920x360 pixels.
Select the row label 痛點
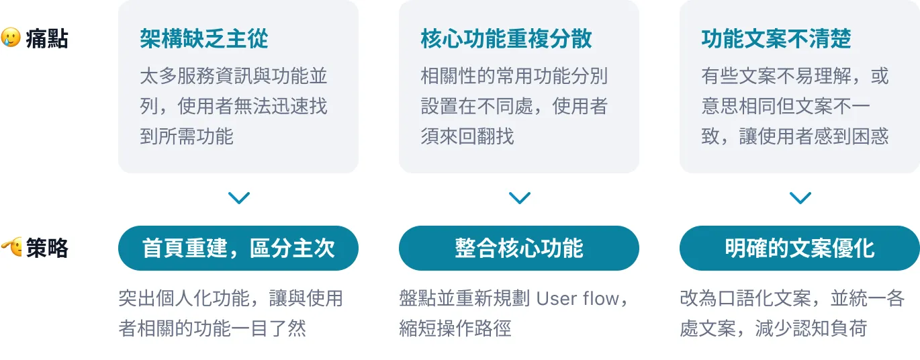pyautogui.click(x=47, y=39)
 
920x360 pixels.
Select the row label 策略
pyautogui.click(x=47, y=249)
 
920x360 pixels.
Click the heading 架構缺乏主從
pyautogui.click(x=203, y=39)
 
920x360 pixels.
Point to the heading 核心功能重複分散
pyautogui.click(x=506, y=39)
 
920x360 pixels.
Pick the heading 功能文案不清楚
pyautogui.click(x=776, y=39)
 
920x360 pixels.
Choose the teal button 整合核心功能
pyautogui.click(x=519, y=249)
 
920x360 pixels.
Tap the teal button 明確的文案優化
pyautogui.click(x=799, y=249)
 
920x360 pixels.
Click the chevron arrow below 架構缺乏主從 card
pyautogui.click(x=238, y=198)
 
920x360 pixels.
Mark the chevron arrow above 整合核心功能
pyautogui.click(x=519, y=198)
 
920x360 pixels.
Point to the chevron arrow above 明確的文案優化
pyautogui.click(x=800, y=198)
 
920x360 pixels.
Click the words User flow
pyautogui.click(x=578, y=298)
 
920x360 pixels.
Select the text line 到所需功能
pyautogui.click(x=186, y=136)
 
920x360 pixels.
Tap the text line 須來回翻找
pyautogui.click(x=467, y=136)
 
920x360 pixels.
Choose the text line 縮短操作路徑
pyautogui.click(x=455, y=328)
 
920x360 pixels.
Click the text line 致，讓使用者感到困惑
pyautogui.click(x=794, y=136)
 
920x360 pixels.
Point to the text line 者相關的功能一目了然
pyautogui.click(x=212, y=328)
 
